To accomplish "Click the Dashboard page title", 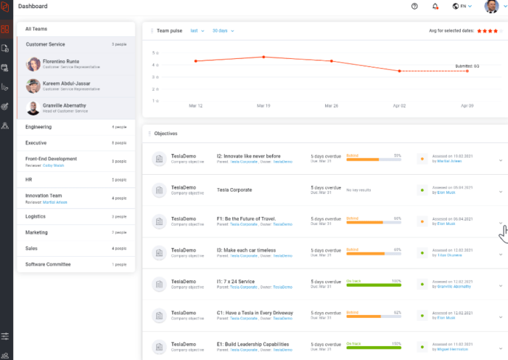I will point(33,7).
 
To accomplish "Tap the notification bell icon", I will point(435,7).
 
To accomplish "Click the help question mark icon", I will point(414,7).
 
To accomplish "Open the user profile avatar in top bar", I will point(491,7).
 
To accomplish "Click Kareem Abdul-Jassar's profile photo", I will point(33,86).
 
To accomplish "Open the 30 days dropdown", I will point(221,31).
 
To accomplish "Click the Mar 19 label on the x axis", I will point(263,105).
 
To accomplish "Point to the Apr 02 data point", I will point(399,71).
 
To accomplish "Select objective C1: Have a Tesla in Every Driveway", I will point(255,313).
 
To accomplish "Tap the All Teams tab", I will point(36,29).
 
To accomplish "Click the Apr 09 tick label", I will point(467,105).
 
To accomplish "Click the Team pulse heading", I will point(169,31).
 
